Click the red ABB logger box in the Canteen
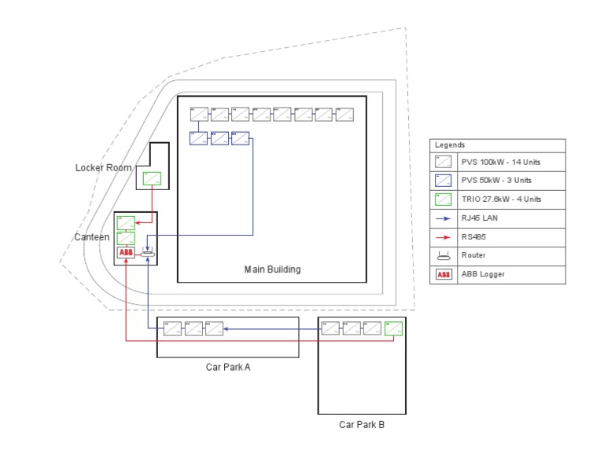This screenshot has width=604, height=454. click(126, 253)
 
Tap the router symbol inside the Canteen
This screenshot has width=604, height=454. click(148, 253)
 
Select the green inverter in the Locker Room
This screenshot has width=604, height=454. click(152, 178)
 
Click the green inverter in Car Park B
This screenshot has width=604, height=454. click(393, 329)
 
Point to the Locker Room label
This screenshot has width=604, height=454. click(103, 167)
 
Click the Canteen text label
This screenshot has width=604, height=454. click(91, 237)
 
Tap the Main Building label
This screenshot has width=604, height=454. click(272, 269)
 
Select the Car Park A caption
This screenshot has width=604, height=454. click(227, 367)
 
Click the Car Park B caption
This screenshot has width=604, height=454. click(362, 424)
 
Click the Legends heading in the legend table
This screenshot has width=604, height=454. click(450, 145)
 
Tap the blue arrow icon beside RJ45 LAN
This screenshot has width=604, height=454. click(444, 218)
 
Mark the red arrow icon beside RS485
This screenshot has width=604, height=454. click(444, 236)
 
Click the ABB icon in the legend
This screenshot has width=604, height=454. click(444, 274)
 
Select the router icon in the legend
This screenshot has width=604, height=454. click(444, 255)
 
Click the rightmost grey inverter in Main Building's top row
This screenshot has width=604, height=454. click(344, 115)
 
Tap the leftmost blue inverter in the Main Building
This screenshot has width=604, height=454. click(198, 139)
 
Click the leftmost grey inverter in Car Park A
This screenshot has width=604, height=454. click(173, 329)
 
